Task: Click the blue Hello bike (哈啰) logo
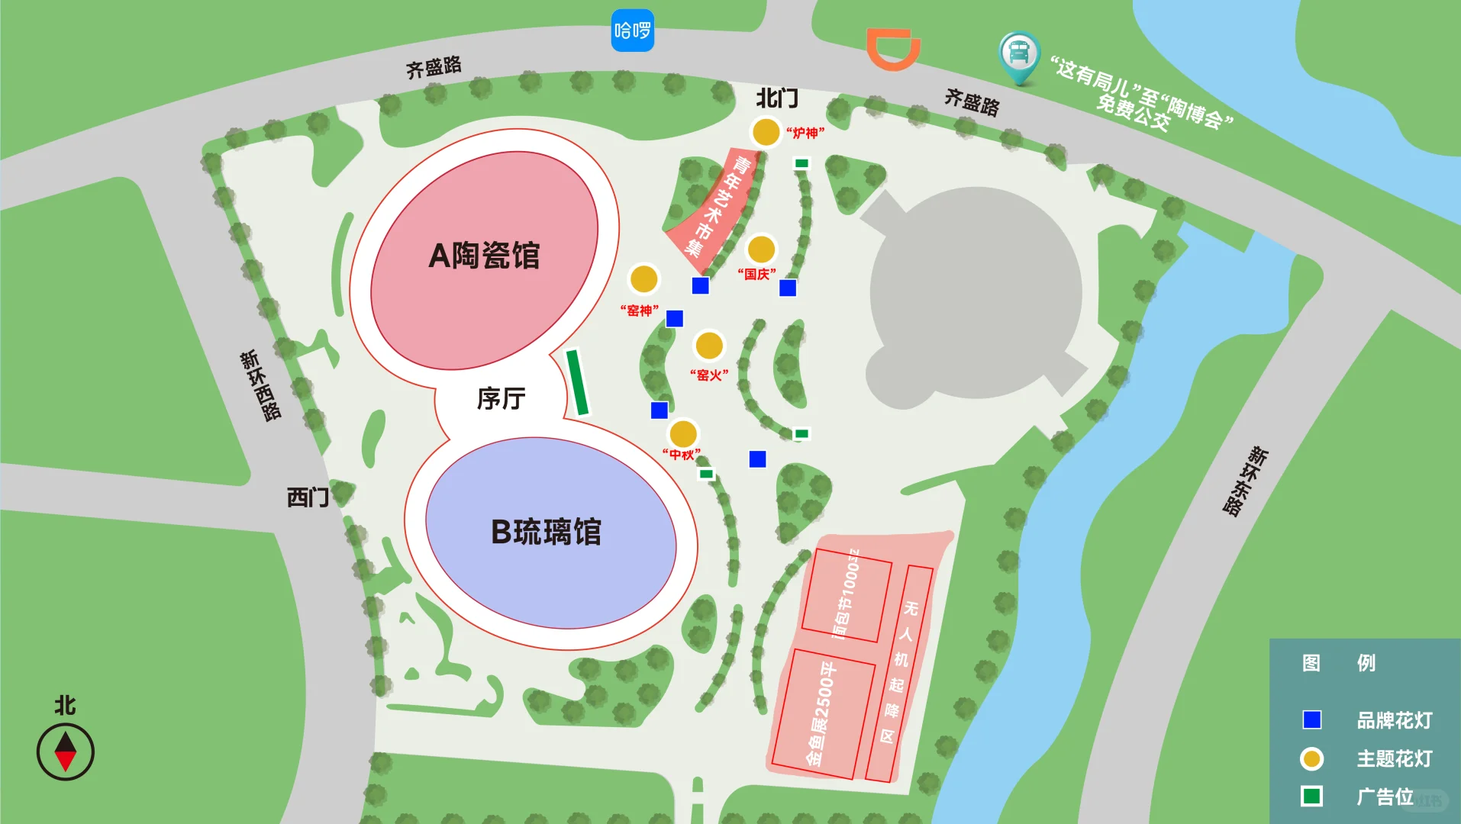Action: (632, 31)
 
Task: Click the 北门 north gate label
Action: (777, 98)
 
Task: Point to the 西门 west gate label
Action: (308, 497)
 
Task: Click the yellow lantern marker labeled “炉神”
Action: (765, 132)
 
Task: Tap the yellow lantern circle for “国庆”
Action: (760, 249)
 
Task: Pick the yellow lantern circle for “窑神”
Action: (643, 278)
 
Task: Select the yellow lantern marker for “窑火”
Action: (708, 345)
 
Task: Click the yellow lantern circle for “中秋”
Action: (682, 433)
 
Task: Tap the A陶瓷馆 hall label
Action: (484, 256)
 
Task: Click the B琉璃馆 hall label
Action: (546, 532)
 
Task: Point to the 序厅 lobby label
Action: (501, 398)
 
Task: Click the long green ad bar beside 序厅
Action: (577, 382)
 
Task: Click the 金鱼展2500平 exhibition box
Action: (823, 713)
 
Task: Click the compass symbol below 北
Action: (66, 752)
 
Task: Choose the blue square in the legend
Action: (1311, 719)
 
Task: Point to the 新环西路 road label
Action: (260, 385)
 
